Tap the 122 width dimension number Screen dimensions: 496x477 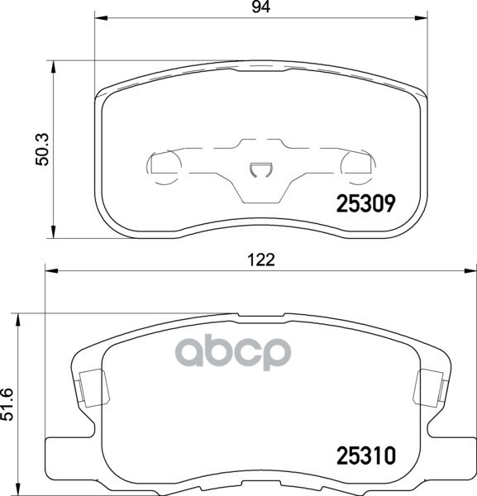point(261,259)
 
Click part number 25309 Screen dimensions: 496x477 point(365,201)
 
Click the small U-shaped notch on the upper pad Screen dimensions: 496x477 point(260,171)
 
